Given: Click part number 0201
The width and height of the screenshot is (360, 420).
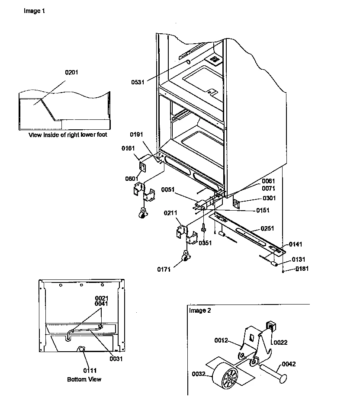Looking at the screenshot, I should click(72, 72).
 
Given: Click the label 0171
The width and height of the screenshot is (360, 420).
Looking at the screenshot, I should click(164, 269).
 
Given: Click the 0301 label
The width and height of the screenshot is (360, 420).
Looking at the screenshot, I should click(269, 198).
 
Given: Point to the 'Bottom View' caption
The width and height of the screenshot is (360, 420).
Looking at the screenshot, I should click(84, 379).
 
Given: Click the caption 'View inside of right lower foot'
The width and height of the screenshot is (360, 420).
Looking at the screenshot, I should click(68, 135).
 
